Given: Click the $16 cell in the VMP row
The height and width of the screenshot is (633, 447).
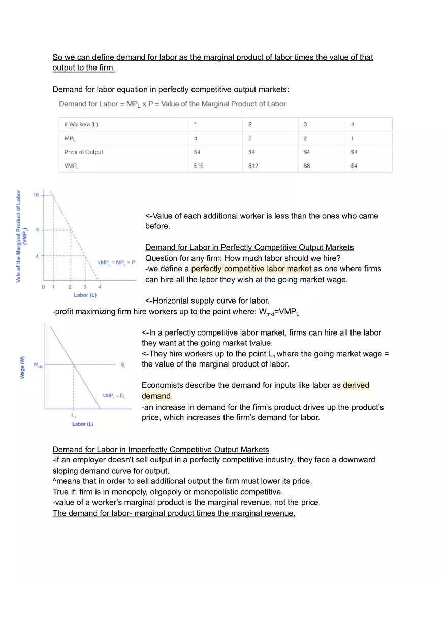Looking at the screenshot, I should point(199,166).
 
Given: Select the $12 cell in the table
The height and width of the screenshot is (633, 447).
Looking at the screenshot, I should point(253,166).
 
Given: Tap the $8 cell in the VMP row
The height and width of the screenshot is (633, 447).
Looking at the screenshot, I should point(307,166).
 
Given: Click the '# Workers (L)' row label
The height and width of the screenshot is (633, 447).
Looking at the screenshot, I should point(81,124).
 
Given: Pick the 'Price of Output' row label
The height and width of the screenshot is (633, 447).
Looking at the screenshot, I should point(84,152).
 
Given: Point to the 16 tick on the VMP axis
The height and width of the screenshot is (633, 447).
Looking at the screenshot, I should point(36,195).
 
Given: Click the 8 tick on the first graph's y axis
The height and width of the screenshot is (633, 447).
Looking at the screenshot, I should point(37,230).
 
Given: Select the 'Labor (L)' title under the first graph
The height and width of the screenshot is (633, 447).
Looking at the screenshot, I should point(84,295).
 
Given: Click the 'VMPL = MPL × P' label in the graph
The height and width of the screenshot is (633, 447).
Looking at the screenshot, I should point(116,262).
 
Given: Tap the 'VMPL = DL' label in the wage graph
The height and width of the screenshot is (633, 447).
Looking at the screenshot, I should point(113,395).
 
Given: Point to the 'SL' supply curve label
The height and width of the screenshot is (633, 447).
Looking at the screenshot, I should point(123,365).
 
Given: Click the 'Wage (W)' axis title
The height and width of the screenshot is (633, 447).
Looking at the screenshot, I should point(22,367).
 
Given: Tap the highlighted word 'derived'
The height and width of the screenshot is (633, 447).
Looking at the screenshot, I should point(356,385).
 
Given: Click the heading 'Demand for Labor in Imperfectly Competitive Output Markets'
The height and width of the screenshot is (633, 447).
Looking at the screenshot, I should point(161,449).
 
